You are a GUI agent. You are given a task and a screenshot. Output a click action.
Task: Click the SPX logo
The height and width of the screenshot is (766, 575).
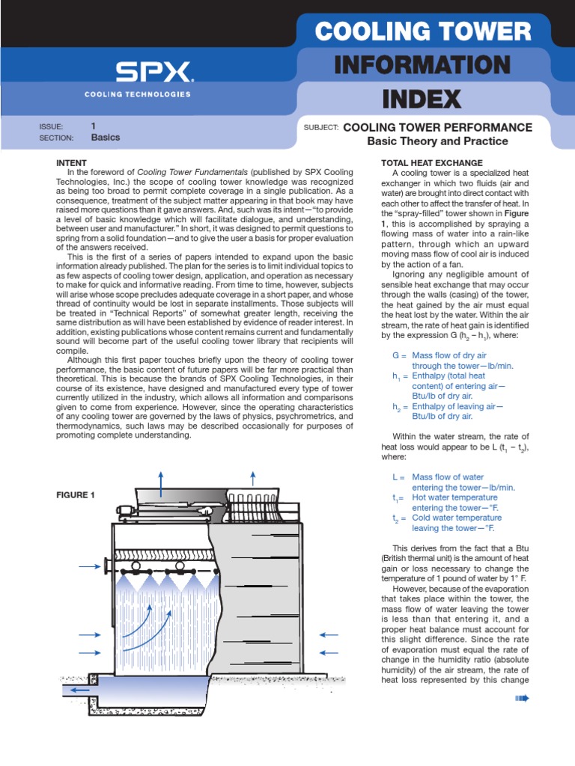(153, 72)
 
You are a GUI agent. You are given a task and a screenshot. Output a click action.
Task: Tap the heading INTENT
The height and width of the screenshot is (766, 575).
(72, 162)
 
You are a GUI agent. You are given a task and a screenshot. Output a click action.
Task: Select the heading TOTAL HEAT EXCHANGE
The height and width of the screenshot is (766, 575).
(432, 162)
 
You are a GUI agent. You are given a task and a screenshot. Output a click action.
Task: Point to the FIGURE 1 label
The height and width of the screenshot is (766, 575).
(76, 494)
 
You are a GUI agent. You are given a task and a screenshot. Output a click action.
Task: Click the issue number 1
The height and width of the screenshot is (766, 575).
(94, 126)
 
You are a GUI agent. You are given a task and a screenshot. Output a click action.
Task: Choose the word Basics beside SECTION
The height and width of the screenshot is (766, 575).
(105, 138)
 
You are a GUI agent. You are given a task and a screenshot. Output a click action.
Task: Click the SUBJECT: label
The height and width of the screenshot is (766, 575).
(321, 127)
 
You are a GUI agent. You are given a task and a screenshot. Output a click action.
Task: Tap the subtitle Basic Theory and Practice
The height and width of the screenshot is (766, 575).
(437, 141)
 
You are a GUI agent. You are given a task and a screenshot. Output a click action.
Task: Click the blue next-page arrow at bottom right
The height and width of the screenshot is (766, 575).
(522, 699)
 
